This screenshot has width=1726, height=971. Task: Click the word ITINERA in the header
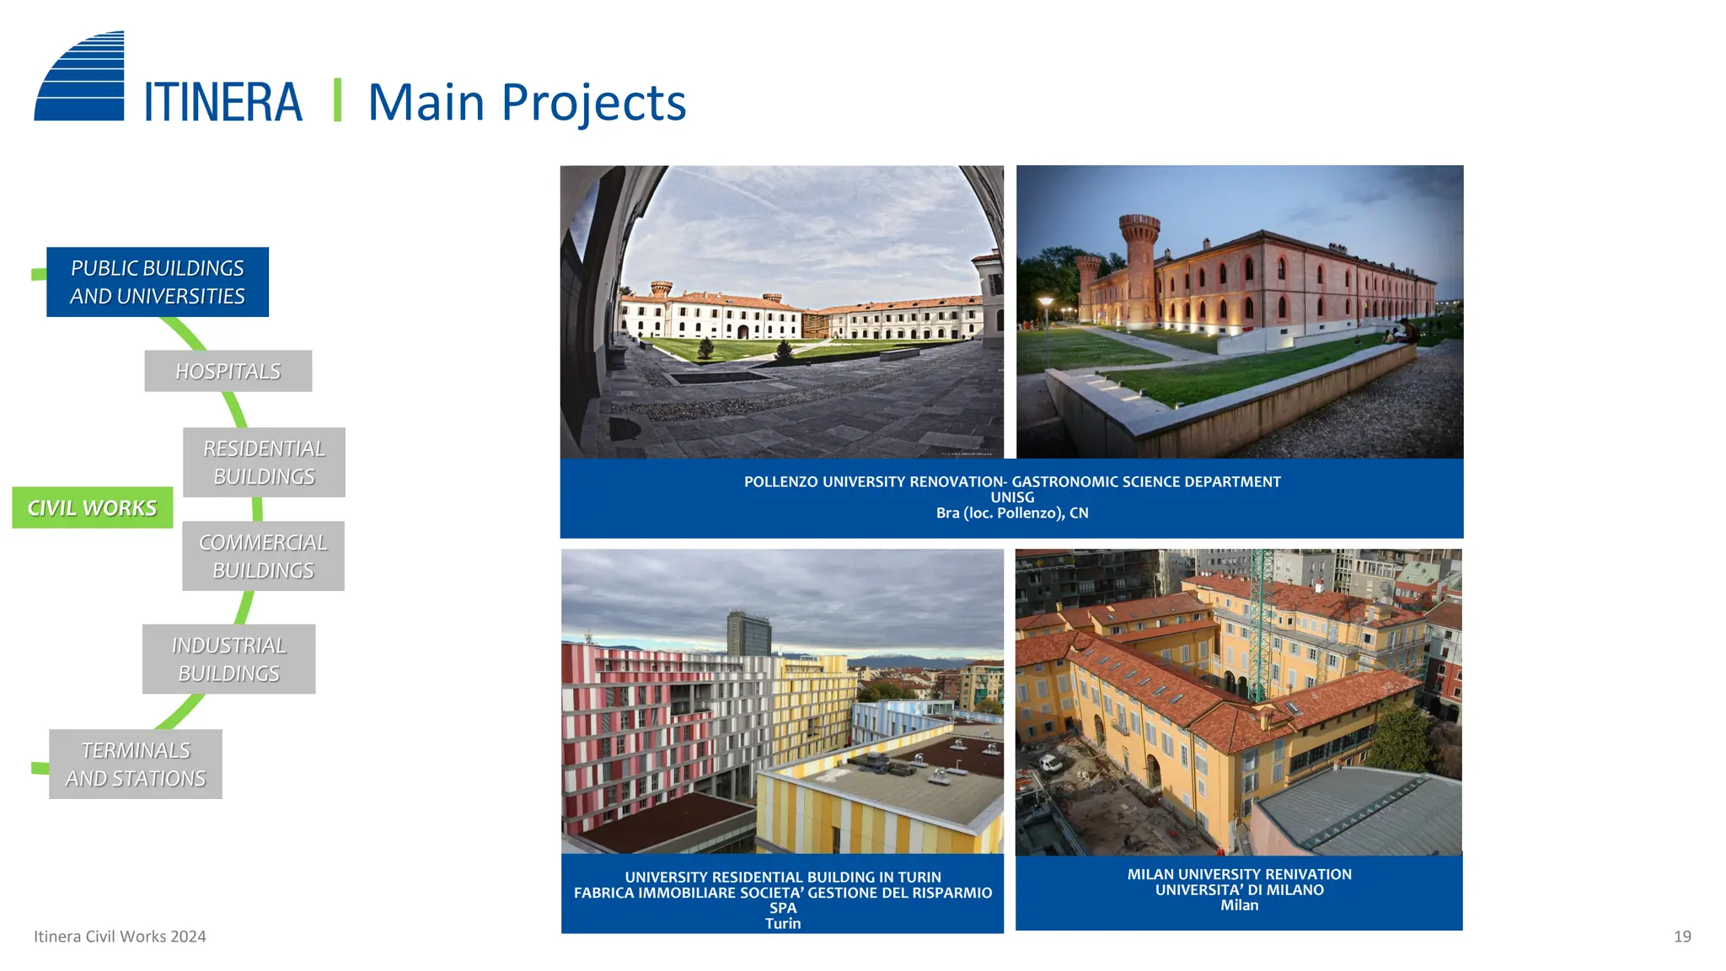(x=222, y=103)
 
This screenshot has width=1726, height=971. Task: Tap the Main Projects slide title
(x=527, y=103)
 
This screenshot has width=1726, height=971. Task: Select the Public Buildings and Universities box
(x=158, y=282)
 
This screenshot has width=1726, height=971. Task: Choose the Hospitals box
(x=228, y=371)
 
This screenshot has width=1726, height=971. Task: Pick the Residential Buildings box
(x=264, y=462)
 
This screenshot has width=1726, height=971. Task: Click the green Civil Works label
(x=93, y=507)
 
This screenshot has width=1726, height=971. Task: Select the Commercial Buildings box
(x=263, y=556)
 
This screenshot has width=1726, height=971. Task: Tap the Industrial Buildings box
(x=228, y=659)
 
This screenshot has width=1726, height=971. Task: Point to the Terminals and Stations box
(x=136, y=764)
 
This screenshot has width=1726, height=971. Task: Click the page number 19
(x=1682, y=936)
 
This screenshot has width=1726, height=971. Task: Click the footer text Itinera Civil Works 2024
(x=120, y=936)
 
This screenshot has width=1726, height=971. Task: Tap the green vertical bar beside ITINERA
(x=337, y=100)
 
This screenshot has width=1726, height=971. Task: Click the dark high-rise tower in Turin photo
(x=748, y=633)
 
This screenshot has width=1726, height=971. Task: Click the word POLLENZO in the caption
(x=780, y=482)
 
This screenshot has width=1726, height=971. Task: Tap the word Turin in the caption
(x=783, y=924)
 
